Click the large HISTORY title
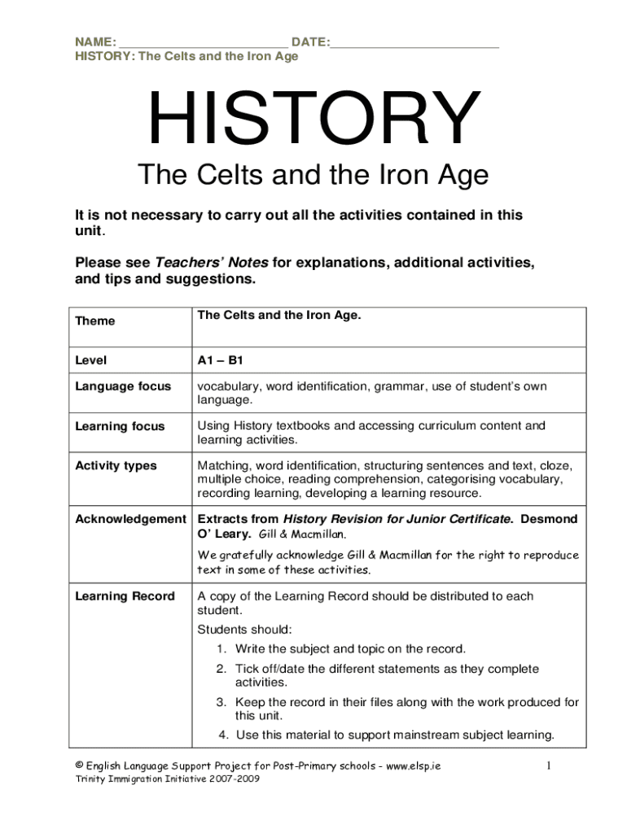[313, 120]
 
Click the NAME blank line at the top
[203, 42]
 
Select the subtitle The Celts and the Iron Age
[313, 175]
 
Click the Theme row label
[95, 321]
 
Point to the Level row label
[91, 360]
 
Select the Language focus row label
[123, 386]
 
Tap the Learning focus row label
[120, 426]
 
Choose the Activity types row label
[116, 465]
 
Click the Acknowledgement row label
[130, 519]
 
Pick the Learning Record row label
[125, 596]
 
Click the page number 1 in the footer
[550, 766]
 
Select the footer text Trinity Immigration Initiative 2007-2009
[167, 779]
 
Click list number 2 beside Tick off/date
[221, 669]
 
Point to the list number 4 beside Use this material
[222, 735]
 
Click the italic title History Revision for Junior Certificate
[397, 519]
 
